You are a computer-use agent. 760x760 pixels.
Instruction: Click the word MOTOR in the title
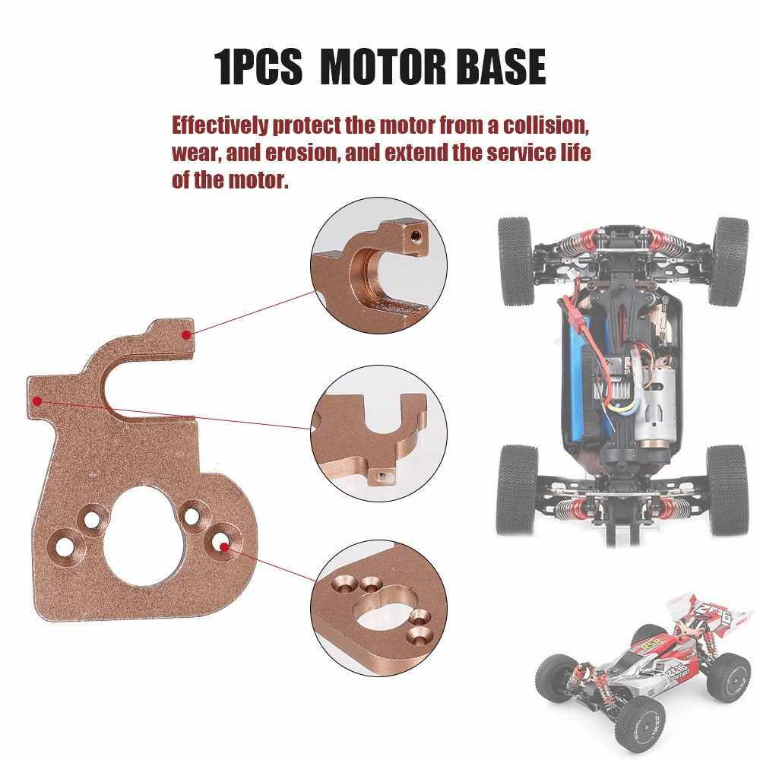[382, 66]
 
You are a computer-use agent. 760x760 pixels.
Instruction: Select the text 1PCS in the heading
[258, 66]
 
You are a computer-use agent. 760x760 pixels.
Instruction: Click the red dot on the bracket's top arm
[185, 334]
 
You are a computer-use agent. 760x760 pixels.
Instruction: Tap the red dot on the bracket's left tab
[36, 401]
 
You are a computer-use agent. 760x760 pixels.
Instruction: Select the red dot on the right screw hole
[224, 546]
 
